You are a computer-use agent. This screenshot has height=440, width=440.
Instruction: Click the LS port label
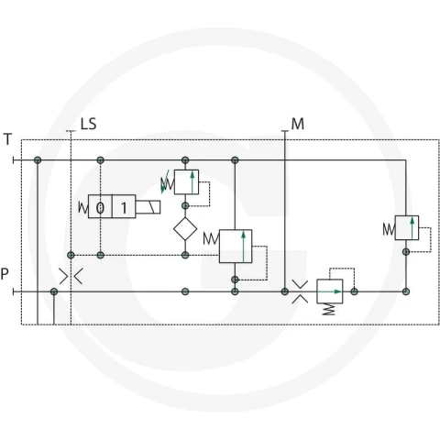point(88,124)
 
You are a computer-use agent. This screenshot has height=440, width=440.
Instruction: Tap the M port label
point(298,124)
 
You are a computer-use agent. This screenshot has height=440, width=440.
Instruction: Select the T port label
point(7,139)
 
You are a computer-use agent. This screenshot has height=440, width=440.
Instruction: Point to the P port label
point(5,274)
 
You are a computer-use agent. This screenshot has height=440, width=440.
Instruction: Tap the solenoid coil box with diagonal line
point(148,207)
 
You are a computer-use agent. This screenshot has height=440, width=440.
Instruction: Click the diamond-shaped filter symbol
point(185,229)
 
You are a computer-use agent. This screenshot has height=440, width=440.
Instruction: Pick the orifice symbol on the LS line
point(71,277)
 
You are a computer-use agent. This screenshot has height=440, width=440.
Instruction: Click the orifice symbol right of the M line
point(300,291)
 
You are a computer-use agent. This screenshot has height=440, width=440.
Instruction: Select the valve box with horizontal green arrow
point(330,291)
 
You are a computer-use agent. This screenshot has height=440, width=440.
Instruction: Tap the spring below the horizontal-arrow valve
point(329,309)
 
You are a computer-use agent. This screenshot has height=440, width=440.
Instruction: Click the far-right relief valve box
point(407,228)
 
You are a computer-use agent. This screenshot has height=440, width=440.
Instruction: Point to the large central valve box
point(236,247)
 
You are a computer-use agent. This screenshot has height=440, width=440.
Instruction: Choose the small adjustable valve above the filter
point(186,182)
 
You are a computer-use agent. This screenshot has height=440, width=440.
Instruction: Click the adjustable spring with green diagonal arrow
point(167,182)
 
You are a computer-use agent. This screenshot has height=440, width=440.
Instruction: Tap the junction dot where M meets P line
point(285,291)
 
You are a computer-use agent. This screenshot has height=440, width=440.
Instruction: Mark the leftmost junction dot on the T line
point(38,160)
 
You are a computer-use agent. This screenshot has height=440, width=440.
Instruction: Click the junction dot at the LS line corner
point(71,255)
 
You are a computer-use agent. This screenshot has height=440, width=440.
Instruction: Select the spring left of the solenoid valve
point(83,208)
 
